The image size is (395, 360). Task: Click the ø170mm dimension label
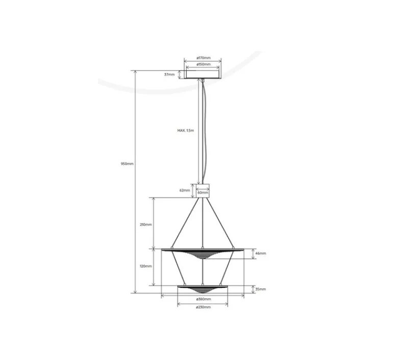pos(203,58)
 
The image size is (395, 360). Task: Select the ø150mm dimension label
pos(203,65)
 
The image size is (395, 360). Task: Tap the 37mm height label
pos(169,75)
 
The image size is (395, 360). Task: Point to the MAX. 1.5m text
pos(186,131)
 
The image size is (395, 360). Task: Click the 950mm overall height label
pos(127,164)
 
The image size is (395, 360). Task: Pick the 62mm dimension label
pos(185,190)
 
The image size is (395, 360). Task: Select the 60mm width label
pos(203,193)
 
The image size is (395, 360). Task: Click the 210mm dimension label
pos(145,225)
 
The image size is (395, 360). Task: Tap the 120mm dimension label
pos(145,267)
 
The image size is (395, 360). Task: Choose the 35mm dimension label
pos(260,289)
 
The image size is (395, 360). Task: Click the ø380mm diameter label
pos(203,299)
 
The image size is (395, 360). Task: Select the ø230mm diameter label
pos(203,307)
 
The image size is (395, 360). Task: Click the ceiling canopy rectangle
pos(203,74)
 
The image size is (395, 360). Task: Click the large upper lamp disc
pos(203,252)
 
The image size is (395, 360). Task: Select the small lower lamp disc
pos(203,289)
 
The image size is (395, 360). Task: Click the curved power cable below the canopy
pos(206,128)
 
